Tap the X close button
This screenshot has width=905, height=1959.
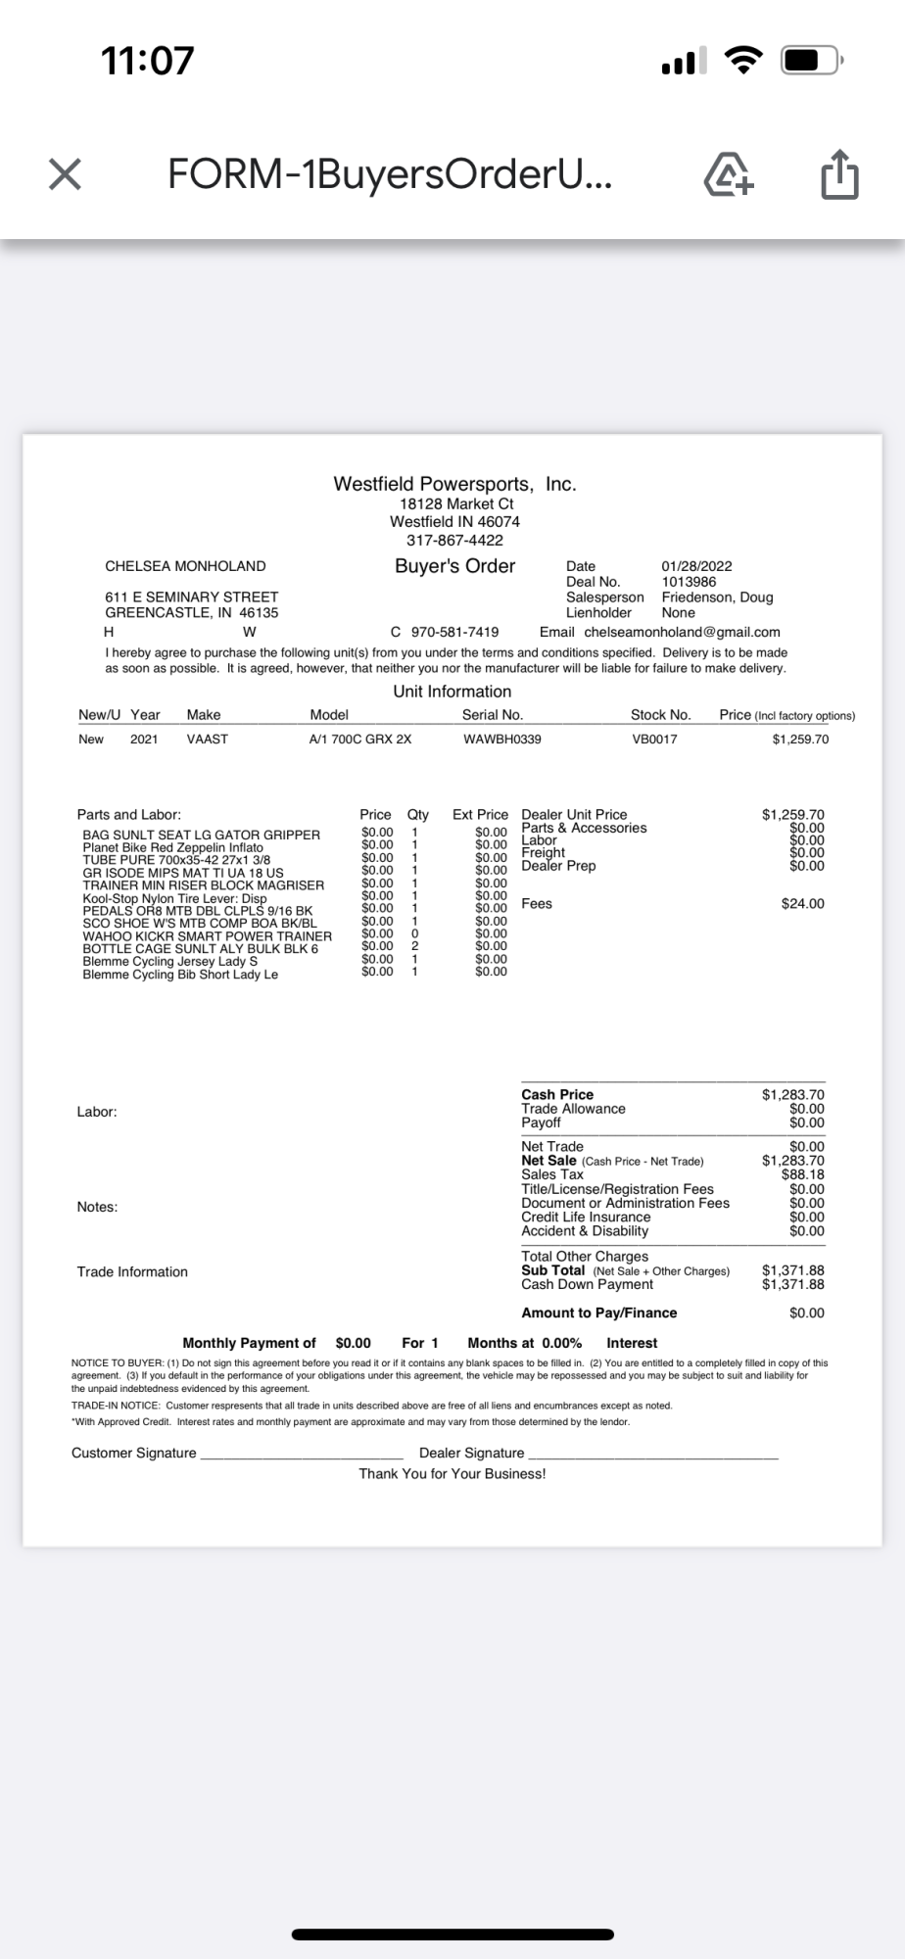pyautogui.click(x=65, y=175)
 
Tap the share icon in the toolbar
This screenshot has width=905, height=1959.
pyautogui.click(x=839, y=175)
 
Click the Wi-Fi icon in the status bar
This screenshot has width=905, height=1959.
pyautogui.click(x=743, y=61)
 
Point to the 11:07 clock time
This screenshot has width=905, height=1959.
pyautogui.click(x=148, y=61)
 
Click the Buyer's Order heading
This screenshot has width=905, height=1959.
pyautogui.click(x=454, y=566)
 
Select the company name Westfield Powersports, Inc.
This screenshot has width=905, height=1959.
pyautogui.click(x=454, y=484)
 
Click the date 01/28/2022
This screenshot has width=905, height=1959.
pyautogui.click(x=696, y=566)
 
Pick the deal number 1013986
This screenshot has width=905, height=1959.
pyautogui.click(x=689, y=582)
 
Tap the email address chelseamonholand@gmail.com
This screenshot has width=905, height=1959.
pyautogui.click(x=682, y=632)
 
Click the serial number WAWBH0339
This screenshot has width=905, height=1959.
pyautogui.click(x=501, y=740)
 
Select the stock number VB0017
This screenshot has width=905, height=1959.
pyautogui.click(x=654, y=740)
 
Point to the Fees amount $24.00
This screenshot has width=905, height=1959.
pyautogui.click(x=802, y=904)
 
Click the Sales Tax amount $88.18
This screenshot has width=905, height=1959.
pyautogui.click(x=802, y=1174)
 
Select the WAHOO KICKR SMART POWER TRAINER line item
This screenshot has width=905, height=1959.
pyautogui.click(x=207, y=936)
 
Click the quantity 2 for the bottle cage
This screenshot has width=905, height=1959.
pyautogui.click(x=415, y=946)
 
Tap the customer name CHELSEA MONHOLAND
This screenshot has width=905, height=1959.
pyautogui.click(x=185, y=566)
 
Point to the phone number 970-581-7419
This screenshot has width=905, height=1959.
pyautogui.click(x=454, y=632)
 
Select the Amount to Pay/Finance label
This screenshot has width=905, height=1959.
pyautogui.click(x=598, y=1313)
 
